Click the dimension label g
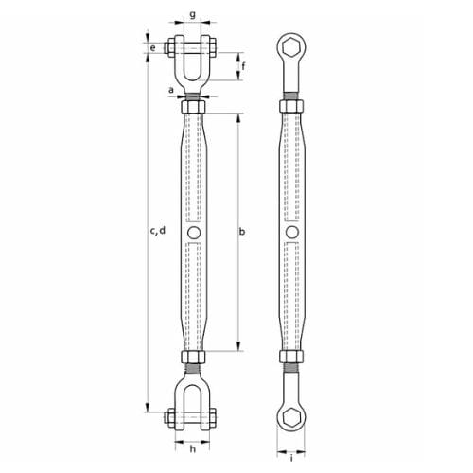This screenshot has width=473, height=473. [192, 15]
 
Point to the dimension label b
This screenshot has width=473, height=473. [245, 230]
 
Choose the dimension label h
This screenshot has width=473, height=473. [192, 448]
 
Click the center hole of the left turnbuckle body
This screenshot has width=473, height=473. [193, 232]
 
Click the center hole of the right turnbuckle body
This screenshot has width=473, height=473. [292, 232]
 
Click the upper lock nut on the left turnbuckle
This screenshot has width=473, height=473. [193, 107]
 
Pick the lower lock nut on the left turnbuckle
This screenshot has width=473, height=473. [193, 357]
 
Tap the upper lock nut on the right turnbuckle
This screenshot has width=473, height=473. [291, 107]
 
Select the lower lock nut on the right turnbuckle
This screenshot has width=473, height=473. [291, 357]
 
